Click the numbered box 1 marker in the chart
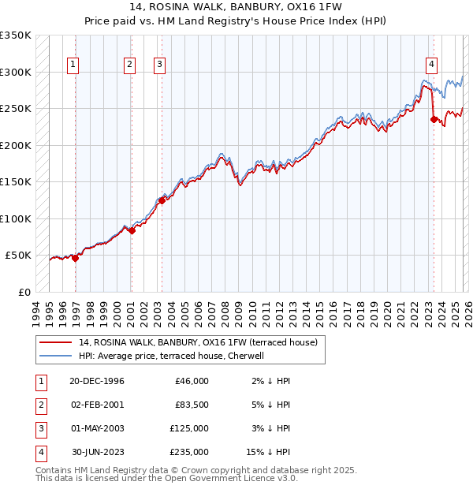pos(73,65)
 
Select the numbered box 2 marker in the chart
pos(128,65)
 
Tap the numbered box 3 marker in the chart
pos(159,65)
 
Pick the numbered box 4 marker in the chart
pos(432,65)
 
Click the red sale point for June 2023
pos(434,120)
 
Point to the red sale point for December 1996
pos(76,258)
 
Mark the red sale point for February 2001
pos(132,230)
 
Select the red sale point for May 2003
pos(162,200)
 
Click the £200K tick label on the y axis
pos(15,145)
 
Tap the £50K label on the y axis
pos(18,256)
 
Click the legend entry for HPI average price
pos(170,356)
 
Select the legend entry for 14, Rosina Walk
pos(197,342)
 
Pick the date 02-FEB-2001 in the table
pos(96,405)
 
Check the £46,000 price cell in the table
pos(192,381)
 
